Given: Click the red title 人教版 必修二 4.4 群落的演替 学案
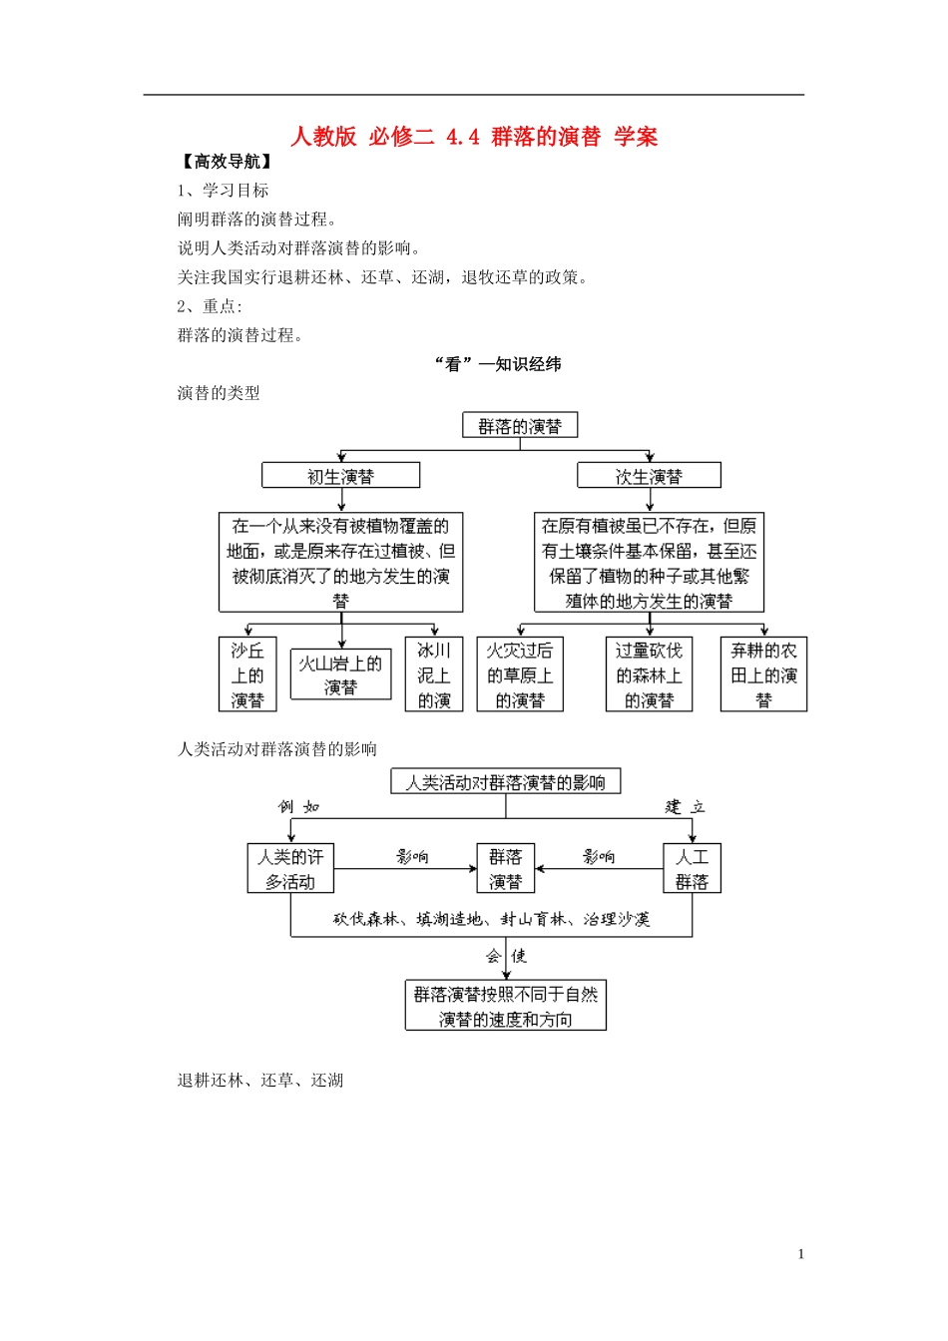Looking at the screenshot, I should (x=474, y=137).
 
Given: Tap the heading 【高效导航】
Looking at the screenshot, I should (x=228, y=162).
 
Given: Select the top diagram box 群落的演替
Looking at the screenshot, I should (x=520, y=426).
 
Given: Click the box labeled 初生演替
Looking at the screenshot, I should (x=340, y=476).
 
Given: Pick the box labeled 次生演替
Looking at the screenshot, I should (x=649, y=476).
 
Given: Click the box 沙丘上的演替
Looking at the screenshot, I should (x=247, y=675).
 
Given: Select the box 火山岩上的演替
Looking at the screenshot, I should (x=340, y=675).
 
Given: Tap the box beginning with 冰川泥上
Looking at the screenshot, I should (x=434, y=675).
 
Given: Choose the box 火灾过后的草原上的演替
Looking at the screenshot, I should (x=520, y=675).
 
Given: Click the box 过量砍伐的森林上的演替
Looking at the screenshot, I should (x=649, y=675).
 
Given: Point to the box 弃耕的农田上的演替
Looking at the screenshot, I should (x=763, y=675).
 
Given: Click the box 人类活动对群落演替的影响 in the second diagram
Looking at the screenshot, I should (x=505, y=782).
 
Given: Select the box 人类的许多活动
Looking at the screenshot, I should (x=290, y=869).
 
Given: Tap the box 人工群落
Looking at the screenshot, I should (x=692, y=869).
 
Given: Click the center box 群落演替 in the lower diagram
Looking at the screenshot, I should (x=505, y=869).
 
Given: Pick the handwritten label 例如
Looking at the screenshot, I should (x=298, y=806).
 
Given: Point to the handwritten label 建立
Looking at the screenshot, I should (x=686, y=806).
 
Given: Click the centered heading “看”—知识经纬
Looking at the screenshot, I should (x=498, y=364).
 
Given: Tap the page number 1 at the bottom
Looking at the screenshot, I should (x=800, y=1254).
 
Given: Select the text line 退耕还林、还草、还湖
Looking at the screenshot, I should (x=260, y=1080).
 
